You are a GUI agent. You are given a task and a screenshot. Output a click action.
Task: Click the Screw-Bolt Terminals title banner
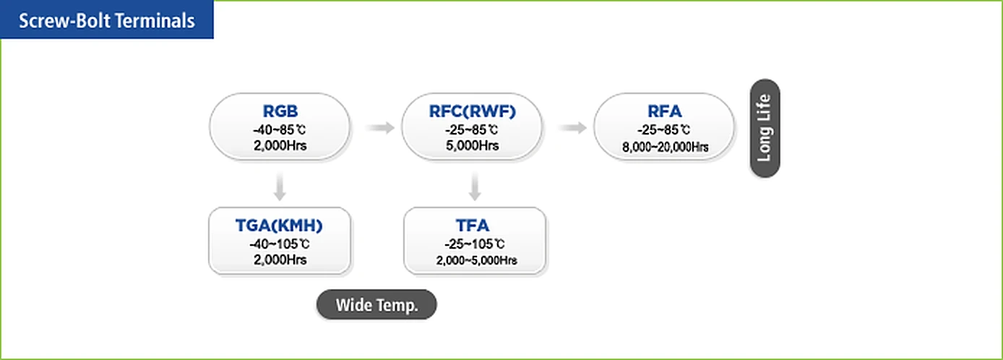pos(106,20)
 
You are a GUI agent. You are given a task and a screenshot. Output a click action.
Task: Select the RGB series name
pos(280,111)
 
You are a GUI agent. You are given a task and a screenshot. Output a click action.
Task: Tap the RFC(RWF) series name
pos(473,111)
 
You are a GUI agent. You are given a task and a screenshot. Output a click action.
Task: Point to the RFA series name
pos(665,111)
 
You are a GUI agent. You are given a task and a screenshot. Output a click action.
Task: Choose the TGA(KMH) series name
pos(279,226)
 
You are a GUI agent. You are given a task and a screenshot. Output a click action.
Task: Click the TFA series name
pos(473,226)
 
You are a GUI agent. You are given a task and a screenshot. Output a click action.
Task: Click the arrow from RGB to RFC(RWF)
pos(379,128)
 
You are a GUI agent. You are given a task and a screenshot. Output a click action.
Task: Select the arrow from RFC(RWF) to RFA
pos(572,128)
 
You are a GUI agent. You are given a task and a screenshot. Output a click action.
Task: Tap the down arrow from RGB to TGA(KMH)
pos(280,186)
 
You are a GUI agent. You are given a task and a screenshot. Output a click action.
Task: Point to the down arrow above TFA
pos(475,186)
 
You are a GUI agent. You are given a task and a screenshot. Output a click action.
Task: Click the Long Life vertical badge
pos(765,128)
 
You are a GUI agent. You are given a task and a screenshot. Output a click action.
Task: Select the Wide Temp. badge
pos(376,304)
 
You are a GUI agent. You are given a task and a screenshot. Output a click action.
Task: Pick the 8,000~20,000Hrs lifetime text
pos(665,147)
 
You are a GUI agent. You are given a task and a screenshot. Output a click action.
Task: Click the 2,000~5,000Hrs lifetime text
pos(476,260)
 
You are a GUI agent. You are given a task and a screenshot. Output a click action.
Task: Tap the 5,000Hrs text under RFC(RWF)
pos(472,145)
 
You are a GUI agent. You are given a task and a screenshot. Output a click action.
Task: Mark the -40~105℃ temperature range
pos(280,244)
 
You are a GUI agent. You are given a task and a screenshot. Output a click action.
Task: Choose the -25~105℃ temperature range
pos(474,244)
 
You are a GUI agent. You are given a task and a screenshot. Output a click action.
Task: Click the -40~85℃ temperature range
pos(280,130)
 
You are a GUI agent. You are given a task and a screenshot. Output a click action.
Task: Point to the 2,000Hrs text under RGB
pos(280,145)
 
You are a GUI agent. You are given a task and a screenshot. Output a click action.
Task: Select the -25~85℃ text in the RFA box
pos(663,130)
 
